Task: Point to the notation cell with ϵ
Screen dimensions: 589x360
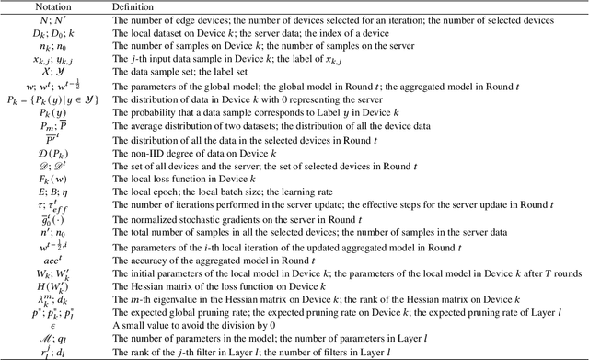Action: pyautogui.click(x=53, y=325)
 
